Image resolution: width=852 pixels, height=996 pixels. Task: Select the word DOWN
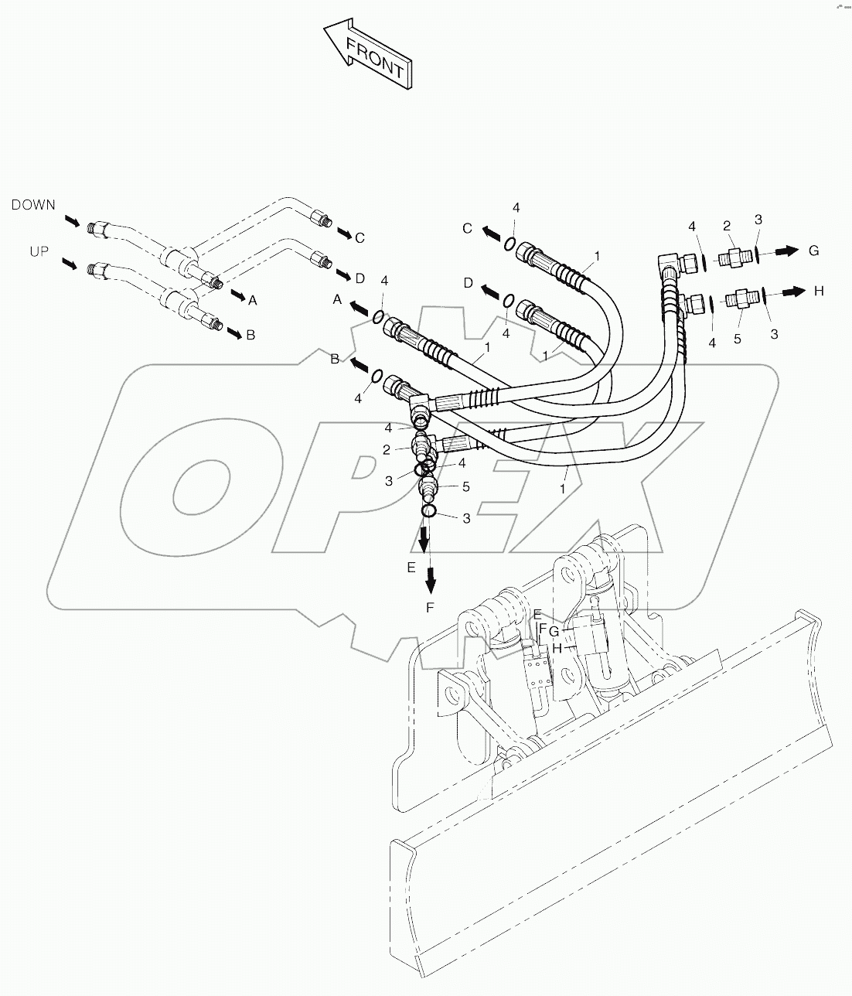tap(33, 205)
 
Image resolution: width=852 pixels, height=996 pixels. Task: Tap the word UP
tap(39, 252)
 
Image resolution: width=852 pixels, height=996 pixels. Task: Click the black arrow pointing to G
tap(787, 251)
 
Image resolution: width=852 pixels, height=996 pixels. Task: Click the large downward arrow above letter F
tap(431, 574)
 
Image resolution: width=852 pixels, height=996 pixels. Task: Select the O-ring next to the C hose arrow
tap(510, 244)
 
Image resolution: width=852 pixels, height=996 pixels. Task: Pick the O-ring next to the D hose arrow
tap(509, 301)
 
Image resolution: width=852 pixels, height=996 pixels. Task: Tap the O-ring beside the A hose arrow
tap(377, 316)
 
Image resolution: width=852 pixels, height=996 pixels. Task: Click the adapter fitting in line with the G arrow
tap(734, 257)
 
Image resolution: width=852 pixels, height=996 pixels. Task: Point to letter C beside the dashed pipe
tap(360, 237)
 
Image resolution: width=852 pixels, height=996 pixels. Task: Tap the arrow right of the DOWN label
tap(71, 222)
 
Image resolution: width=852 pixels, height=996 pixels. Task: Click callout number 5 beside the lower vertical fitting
tap(466, 486)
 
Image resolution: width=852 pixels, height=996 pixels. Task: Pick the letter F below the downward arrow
tap(431, 608)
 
